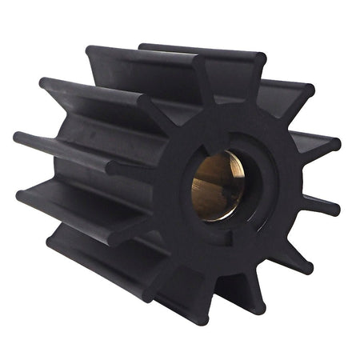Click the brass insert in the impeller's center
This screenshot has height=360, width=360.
pyautogui.click(x=218, y=186)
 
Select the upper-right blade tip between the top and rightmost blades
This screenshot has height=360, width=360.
pyautogui.click(x=308, y=89)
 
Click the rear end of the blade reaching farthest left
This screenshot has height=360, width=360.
pyautogui.click(x=18, y=137)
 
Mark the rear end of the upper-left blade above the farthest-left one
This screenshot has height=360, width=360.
pyautogui.click(x=44, y=83)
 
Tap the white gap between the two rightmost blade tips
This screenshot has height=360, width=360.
pyautogui.click(x=340, y=178)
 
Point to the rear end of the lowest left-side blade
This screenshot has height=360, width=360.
pyautogui.click(x=52, y=240)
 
